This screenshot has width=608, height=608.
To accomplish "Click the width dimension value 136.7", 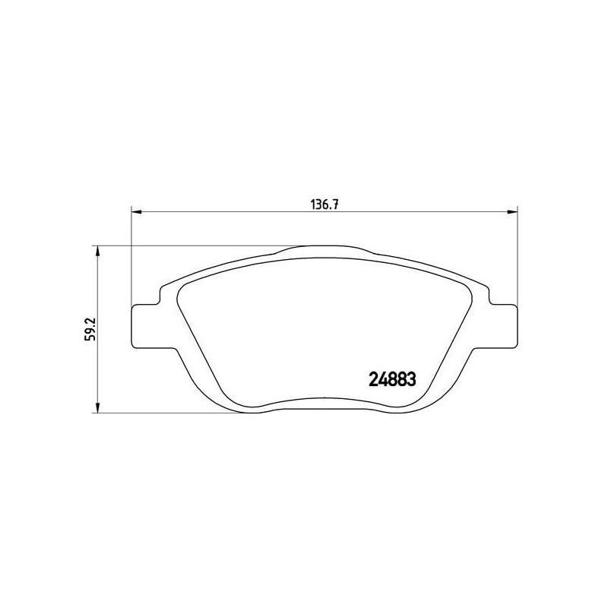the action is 325,204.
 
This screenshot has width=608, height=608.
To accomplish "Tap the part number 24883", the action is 392,379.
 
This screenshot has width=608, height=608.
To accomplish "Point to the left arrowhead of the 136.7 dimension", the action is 137,212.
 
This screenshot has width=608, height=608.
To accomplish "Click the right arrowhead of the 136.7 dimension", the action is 512,212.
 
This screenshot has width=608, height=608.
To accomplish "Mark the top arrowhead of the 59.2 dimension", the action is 98,251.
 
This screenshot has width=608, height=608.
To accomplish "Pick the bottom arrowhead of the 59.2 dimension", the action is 98,407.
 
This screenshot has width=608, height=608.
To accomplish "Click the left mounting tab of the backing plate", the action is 145,326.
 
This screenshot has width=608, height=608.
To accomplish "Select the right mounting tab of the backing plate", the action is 504,326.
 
